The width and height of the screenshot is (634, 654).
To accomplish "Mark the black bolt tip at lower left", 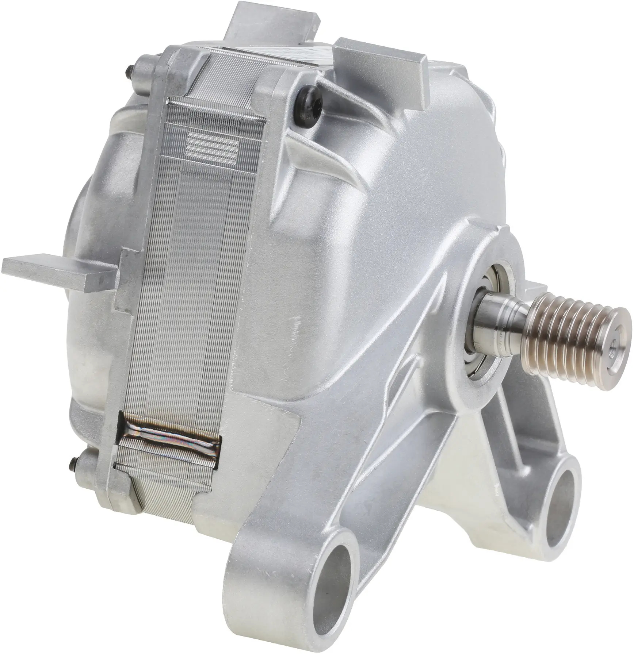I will point(72,465).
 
